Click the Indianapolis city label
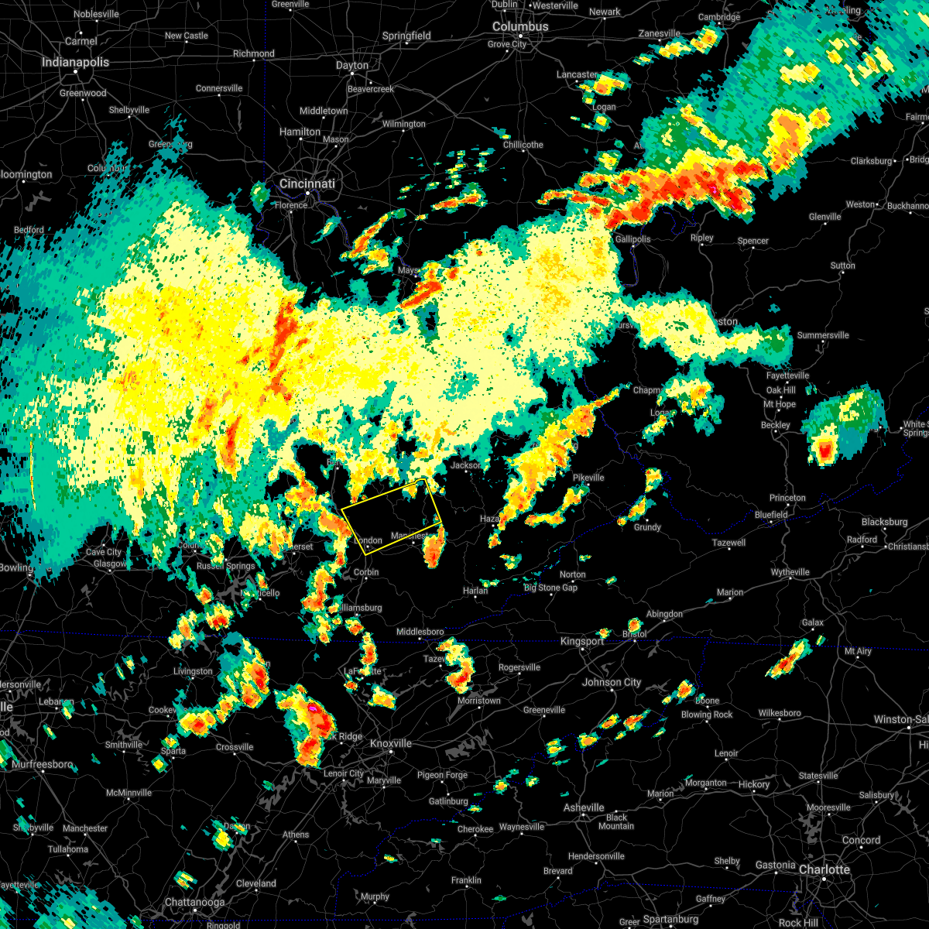(75, 62)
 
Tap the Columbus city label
(521, 26)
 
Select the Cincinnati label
(307, 183)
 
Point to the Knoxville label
(390, 743)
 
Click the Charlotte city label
(824, 869)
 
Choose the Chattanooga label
(194, 902)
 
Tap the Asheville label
(584, 807)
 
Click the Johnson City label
(612, 682)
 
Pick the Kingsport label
(582, 641)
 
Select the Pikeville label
(588, 478)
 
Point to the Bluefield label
(771, 515)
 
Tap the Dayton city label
(352, 65)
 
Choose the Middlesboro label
(420, 632)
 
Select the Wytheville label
(790, 572)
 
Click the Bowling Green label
(17, 567)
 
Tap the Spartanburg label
(670, 919)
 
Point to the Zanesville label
(659, 33)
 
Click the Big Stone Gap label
(550, 588)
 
